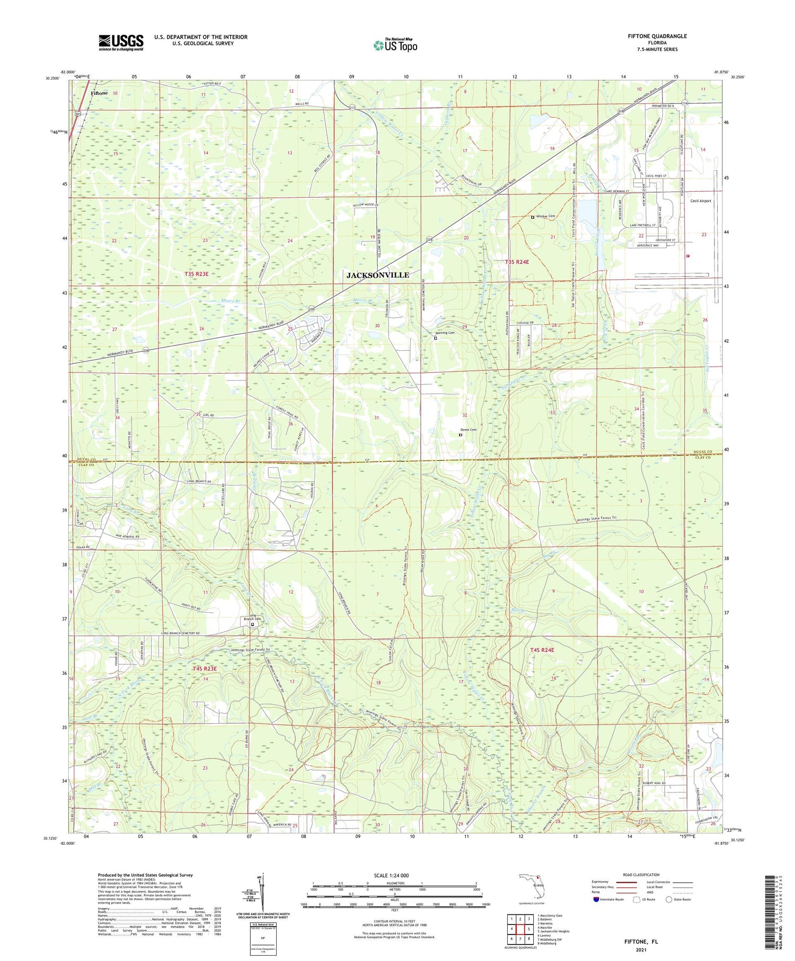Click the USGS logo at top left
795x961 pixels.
click(x=121, y=42)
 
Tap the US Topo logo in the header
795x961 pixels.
click(x=395, y=46)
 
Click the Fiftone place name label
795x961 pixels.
click(x=99, y=93)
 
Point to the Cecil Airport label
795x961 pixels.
click(x=700, y=201)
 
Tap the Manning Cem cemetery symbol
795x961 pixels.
click(x=436, y=338)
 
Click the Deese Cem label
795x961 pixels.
click(x=468, y=430)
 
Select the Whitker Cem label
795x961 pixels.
click(x=546, y=216)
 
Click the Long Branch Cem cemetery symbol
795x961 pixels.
click(x=252, y=624)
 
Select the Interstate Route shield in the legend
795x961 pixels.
click(x=595, y=900)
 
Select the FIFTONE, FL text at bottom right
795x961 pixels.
click(x=640, y=941)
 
